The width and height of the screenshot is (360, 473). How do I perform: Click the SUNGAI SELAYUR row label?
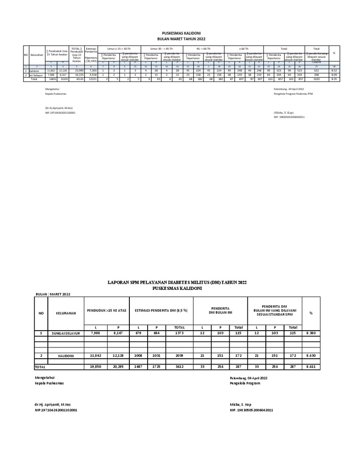[x=66, y=333]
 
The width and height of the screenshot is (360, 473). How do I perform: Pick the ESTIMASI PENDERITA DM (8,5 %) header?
[x=161, y=310]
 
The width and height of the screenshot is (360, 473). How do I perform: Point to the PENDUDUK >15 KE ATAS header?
[x=106, y=310]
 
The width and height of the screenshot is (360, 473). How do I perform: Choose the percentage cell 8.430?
[x=311, y=356]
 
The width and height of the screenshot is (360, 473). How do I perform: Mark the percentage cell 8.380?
[x=311, y=333]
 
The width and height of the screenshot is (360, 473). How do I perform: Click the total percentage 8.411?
[x=311, y=367]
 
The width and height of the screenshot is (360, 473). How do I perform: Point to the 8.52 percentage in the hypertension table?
[x=334, y=71]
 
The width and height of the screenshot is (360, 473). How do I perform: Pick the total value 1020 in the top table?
[x=316, y=79]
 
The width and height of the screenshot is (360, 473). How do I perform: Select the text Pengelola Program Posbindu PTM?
[x=293, y=94]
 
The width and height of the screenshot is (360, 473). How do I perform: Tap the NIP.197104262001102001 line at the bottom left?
[x=56, y=410]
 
